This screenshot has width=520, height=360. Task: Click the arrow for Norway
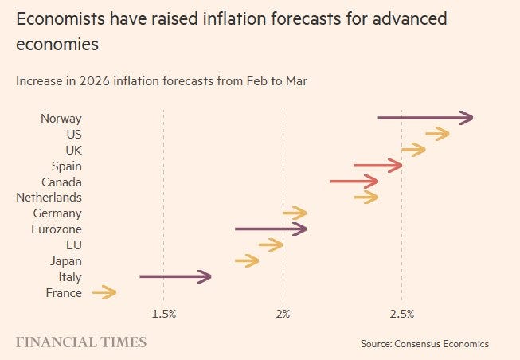425,118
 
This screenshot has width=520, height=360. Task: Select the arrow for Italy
175,277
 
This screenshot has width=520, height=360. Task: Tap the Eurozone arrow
271,229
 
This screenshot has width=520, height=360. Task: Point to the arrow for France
104,293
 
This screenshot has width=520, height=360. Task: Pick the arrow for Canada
354,182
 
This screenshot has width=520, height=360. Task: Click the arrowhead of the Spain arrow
396,166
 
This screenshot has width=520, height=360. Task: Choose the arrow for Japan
247,260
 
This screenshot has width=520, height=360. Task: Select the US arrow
437,134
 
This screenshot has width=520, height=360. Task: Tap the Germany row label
57,213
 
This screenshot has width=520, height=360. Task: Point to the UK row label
73,150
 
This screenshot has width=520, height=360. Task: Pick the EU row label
73,245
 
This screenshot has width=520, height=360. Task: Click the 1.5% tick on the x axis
163,315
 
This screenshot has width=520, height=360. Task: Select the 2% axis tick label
283,315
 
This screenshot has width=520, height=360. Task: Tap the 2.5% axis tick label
402,315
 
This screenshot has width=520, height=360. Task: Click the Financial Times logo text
81,342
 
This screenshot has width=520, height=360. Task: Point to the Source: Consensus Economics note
424,344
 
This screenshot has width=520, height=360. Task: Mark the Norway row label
61,119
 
